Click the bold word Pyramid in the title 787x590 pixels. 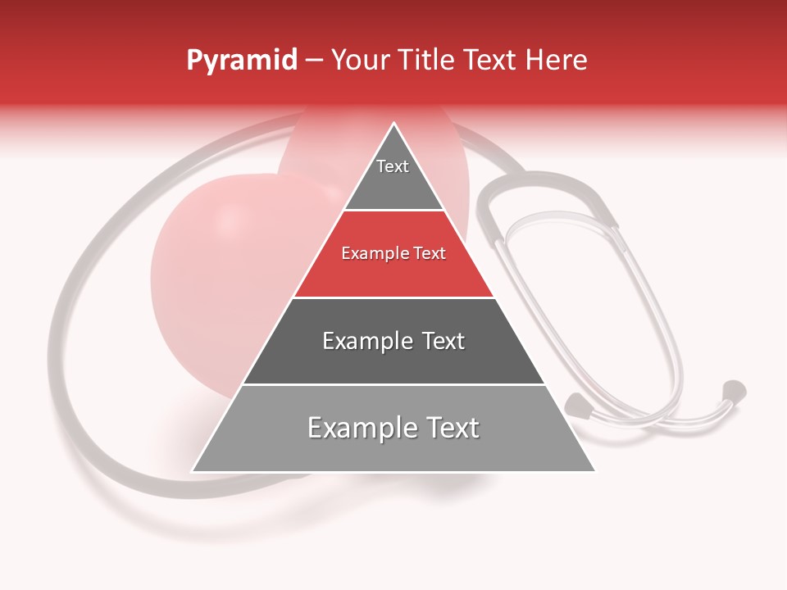(x=241, y=61)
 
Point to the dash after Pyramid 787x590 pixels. (x=314, y=61)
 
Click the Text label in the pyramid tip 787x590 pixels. (x=393, y=166)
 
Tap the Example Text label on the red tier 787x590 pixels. (x=393, y=253)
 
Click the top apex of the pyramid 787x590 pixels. (x=393, y=124)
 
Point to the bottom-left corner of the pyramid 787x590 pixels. (x=193, y=471)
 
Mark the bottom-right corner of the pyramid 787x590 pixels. (x=594, y=471)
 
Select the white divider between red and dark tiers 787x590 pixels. (x=393, y=297)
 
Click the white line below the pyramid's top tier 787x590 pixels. (x=393, y=211)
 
